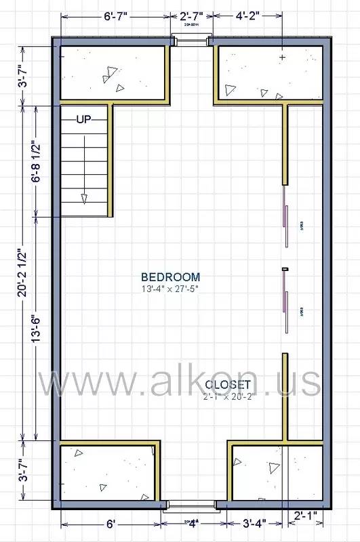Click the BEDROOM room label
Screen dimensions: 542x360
coord(170,276)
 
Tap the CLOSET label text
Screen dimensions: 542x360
coord(229,385)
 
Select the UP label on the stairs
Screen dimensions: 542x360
coord(83,120)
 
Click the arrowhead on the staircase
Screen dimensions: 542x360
coord(84,198)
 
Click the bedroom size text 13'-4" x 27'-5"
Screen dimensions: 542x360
coord(170,289)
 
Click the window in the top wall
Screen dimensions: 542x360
coord(191,41)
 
